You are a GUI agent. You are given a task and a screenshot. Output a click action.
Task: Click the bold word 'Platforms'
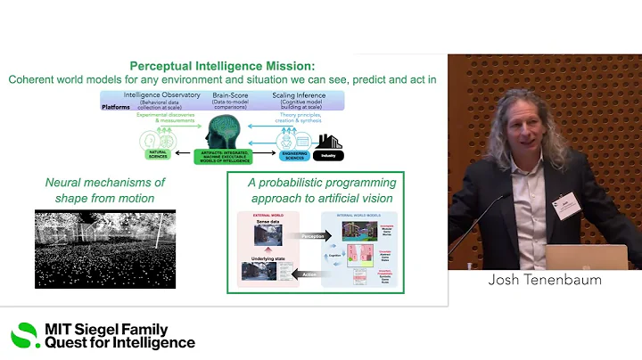(x=115, y=106)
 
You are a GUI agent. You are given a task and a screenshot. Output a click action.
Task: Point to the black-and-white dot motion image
(x=104, y=249)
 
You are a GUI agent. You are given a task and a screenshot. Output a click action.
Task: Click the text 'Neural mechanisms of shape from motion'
(x=105, y=190)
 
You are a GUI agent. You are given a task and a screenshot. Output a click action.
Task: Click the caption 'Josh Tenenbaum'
(x=544, y=280)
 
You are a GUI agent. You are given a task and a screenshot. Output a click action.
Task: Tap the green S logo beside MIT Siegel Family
(x=25, y=336)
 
